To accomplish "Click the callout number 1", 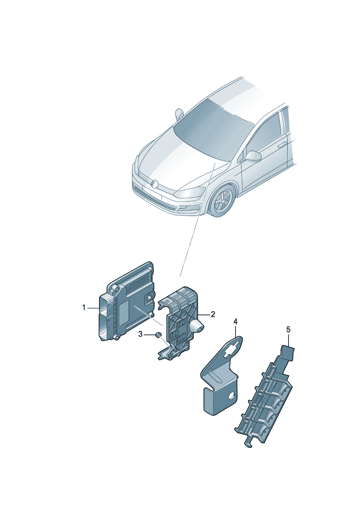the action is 83,308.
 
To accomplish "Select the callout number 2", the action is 213,315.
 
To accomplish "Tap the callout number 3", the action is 140,334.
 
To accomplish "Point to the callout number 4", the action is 236,321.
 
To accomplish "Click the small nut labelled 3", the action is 158,334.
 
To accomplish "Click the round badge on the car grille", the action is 155,184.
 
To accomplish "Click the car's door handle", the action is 282,145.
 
